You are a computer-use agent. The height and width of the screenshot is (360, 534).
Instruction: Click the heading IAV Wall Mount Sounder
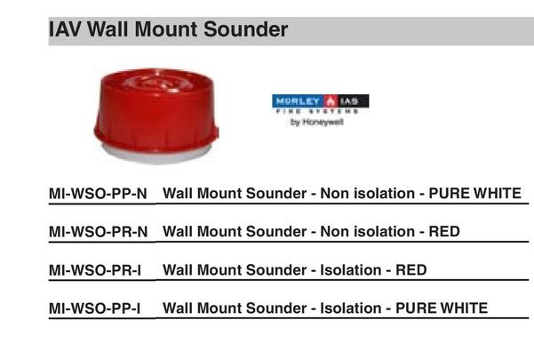(168, 30)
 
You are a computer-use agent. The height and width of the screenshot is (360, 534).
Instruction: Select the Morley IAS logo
(320, 102)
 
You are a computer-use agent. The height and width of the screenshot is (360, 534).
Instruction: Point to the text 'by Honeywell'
(317, 124)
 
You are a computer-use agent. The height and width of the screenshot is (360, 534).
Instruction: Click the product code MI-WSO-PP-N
(98, 193)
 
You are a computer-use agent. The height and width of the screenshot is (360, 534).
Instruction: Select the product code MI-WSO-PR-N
(98, 231)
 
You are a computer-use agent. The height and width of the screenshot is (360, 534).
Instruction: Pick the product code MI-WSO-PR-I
(95, 269)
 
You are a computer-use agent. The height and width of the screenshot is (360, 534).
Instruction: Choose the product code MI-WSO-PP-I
(95, 308)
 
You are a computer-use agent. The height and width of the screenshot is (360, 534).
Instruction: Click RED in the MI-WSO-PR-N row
(443, 231)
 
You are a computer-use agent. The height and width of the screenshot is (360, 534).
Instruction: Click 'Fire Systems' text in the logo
(319, 112)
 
